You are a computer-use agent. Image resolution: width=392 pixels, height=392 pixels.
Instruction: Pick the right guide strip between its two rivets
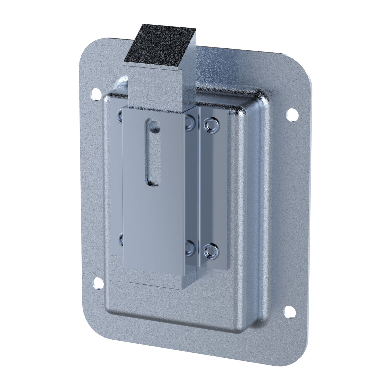[213, 187]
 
